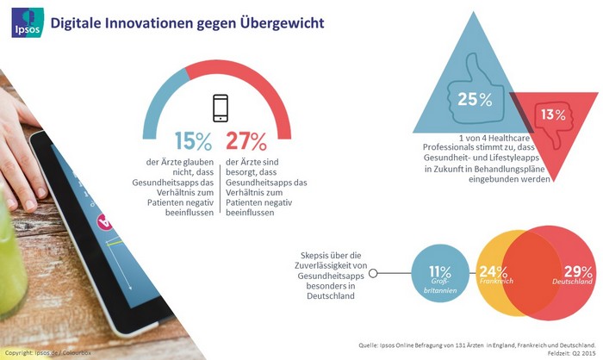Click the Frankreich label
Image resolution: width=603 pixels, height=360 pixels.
point(494,282)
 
